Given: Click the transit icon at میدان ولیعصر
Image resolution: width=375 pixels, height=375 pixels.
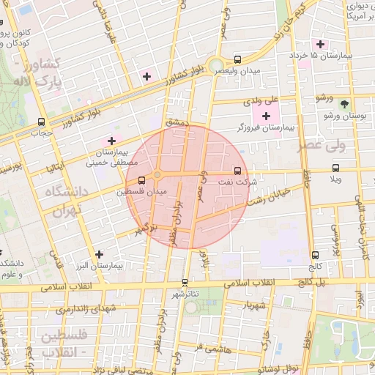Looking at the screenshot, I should tap(237, 59).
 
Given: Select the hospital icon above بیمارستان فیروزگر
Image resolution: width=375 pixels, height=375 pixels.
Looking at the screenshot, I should tap(266, 116).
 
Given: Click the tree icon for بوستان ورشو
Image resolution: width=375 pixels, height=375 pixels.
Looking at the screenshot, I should tap(345, 103).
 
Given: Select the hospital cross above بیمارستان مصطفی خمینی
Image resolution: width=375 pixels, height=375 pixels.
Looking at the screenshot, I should tap(111, 141).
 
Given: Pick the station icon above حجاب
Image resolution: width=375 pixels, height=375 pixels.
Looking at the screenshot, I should tap(41, 122).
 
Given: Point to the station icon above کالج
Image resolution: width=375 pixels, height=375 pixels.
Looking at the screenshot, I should tap(316, 256).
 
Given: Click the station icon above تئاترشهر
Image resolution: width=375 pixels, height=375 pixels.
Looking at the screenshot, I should tap(185, 282).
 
